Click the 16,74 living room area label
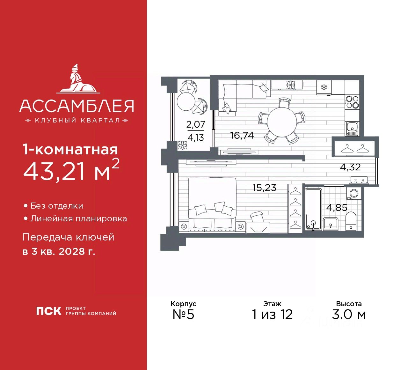point(242,136)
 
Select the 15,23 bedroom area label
point(264,188)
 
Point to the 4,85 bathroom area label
point(337,208)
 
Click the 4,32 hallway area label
point(350,167)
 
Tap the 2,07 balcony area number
point(195,124)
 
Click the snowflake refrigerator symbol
point(324,87)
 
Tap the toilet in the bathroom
point(351,220)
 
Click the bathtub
point(313,209)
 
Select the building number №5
point(183,314)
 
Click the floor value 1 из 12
point(272,314)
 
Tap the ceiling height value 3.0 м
point(349,314)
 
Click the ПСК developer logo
point(48,311)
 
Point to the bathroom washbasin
point(331,223)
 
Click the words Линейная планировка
point(78,219)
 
